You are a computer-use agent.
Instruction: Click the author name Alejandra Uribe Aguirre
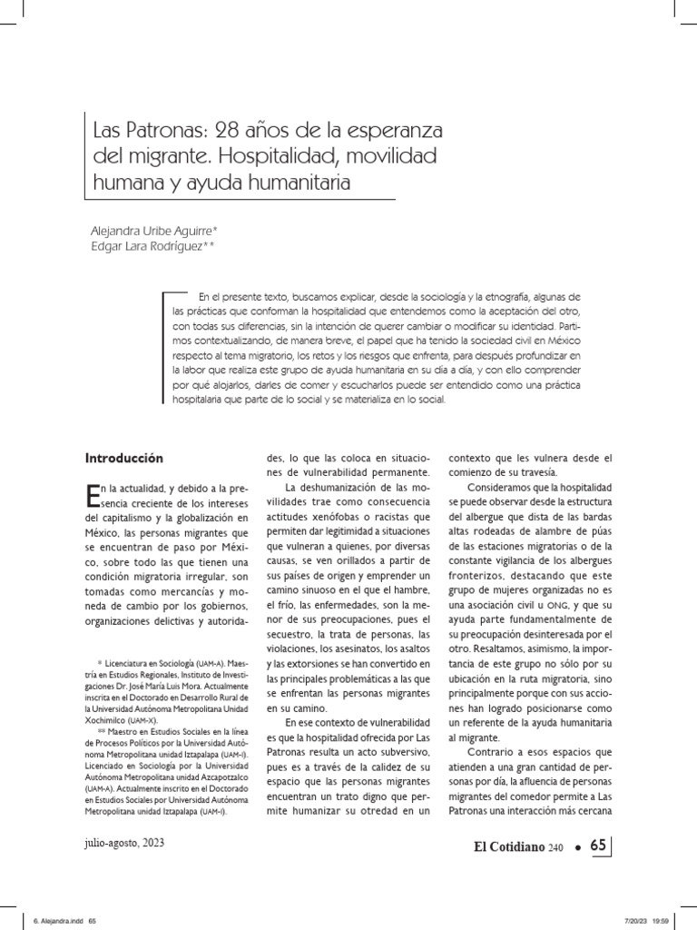coord(168,230)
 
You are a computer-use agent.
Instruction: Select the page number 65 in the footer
coord(597,846)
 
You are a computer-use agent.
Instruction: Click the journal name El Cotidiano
coord(505,846)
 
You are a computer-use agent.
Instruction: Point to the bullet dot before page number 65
coord(576,847)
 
